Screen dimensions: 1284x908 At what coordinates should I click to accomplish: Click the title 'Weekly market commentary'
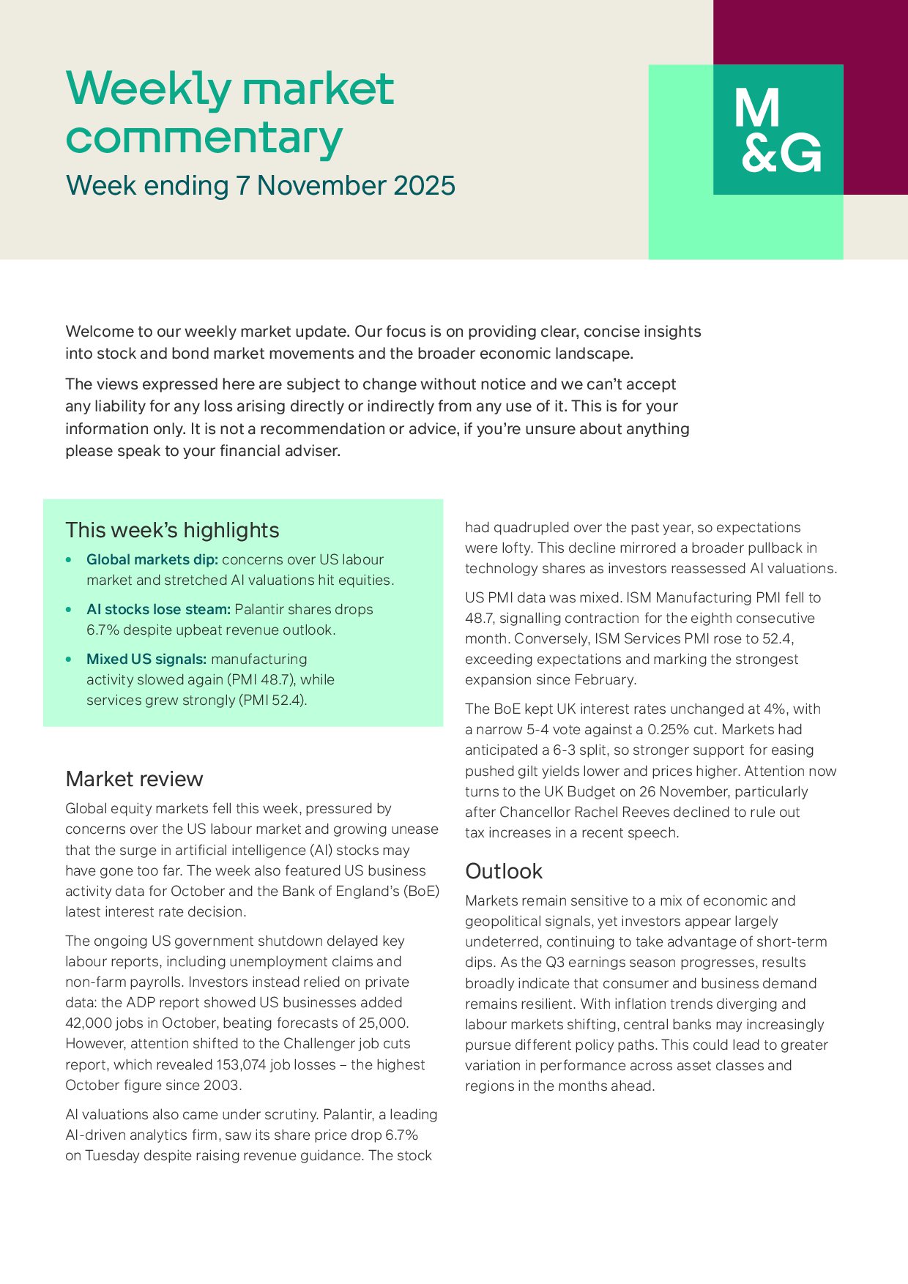[x=230, y=113]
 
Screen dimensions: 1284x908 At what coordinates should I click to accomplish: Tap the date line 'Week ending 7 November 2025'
[x=260, y=186]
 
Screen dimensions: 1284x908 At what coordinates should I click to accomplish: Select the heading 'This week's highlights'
[x=172, y=530]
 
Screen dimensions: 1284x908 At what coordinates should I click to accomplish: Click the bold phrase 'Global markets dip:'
[x=152, y=560]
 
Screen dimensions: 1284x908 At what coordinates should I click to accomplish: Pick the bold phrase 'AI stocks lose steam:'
[x=158, y=610]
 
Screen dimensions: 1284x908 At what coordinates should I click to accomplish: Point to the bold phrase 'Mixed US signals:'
[x=146, y=660]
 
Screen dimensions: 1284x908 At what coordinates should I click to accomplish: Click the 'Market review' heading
[x=134, y=779]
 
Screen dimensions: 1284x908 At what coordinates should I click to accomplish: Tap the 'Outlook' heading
[x=503, y=871]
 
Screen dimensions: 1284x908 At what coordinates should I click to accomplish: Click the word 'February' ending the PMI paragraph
[x=606, y=680]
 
